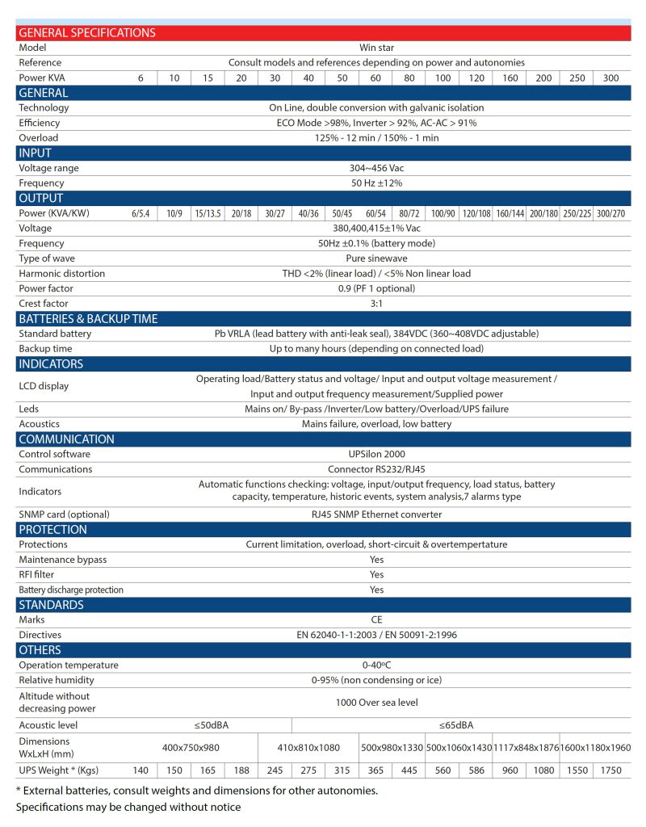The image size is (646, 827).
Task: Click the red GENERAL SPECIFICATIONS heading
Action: pyautogui.click(x=86, y=33)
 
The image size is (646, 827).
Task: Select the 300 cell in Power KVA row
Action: pyautogui.click(x=611, y=78)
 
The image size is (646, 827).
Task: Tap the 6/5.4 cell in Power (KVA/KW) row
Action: pyautogui.click(x=141, y=213)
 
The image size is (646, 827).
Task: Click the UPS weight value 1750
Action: pyautogui.click(x=611, y=770)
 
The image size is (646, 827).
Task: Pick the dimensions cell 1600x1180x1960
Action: pyautogui.click(x=594, y=748)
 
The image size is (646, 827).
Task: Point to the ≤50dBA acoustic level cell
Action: pyautogui.click(x=216, y=724)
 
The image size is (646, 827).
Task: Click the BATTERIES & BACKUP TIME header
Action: pyautogui.click(x=88, y=318)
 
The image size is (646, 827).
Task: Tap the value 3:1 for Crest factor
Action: pyautogui.click(x=376, y=304)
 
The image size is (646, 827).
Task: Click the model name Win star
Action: pyautogui.click(x=376, y=48)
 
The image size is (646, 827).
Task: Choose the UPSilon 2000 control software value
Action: pyautogui.click(x=376, y=454)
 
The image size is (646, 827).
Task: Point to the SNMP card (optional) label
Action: pyautogui.click(x=64, y=514)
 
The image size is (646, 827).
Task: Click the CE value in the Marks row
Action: pyautogui.click(x=376, y=619)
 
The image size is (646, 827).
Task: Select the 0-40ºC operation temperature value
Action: pyautogui.click(x=376, y=665)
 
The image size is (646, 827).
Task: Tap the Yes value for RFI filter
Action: pyautogui.click(x=376, y=574)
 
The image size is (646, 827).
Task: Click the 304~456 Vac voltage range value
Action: pyautogui.click(x=376, y=168)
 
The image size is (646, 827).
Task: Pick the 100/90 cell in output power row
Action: pyautogui.click(x=443, y=213)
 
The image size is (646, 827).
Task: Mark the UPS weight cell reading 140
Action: pyautogui.click(x=141, y=770)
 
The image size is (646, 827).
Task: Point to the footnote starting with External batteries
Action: pyautogui.click(x=196, y=791)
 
